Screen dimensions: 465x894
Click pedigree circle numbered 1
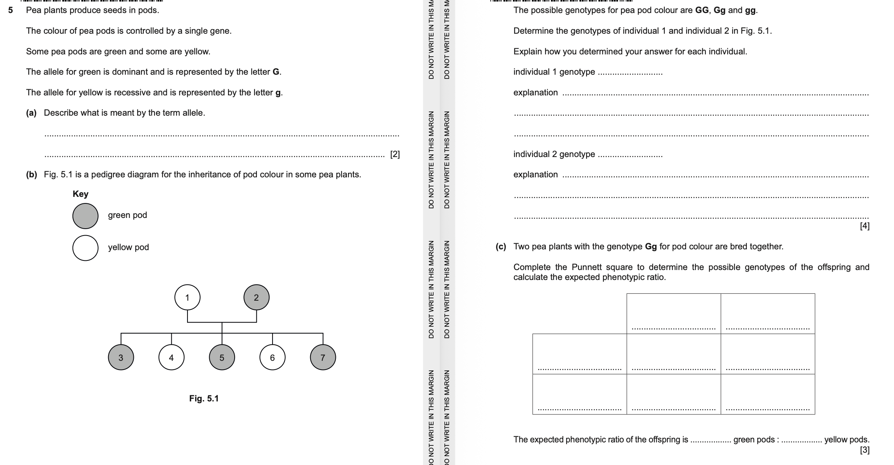point(187,297)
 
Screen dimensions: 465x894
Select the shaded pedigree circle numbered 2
point(256,297)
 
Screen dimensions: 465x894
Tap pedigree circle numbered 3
point(121,357)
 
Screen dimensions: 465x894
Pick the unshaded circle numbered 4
point(171,357)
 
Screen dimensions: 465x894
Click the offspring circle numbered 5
point(222,357)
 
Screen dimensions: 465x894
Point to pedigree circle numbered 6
point(273,357)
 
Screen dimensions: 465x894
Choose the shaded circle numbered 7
point(323,357)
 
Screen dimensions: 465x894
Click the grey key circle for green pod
point(85,216)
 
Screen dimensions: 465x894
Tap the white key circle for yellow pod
point(85,248)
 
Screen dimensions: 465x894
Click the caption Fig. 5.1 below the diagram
point(204,398)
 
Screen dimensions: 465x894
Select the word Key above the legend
point(81,194)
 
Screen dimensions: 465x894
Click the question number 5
point(11,10)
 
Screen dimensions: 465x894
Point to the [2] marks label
point(395,154)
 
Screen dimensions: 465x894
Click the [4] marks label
point(864,226)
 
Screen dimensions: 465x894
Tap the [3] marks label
point(864,450)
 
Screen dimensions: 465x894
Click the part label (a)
point(31,113)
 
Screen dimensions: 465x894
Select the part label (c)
point(501,247)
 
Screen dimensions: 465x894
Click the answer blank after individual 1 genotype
point(630,73)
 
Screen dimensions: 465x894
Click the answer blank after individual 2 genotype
point(630,155)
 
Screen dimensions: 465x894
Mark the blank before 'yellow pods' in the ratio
point(801,440)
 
